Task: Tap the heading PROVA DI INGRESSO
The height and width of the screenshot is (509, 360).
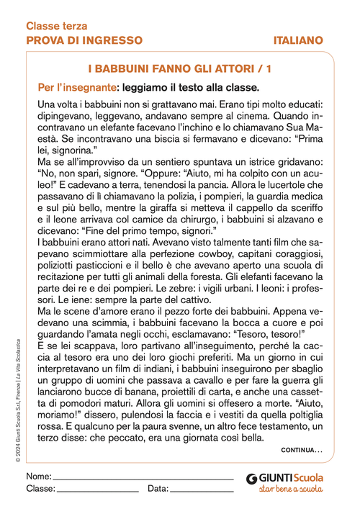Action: tap(84, 40)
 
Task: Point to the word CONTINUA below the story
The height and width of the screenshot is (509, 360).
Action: tap(302, 450)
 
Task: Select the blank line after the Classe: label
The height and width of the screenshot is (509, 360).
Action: tap(97, 490)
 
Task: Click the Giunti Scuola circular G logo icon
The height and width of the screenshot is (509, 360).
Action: tap(251, 477)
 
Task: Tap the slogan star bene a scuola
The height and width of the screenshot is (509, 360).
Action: tap(290, 490)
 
